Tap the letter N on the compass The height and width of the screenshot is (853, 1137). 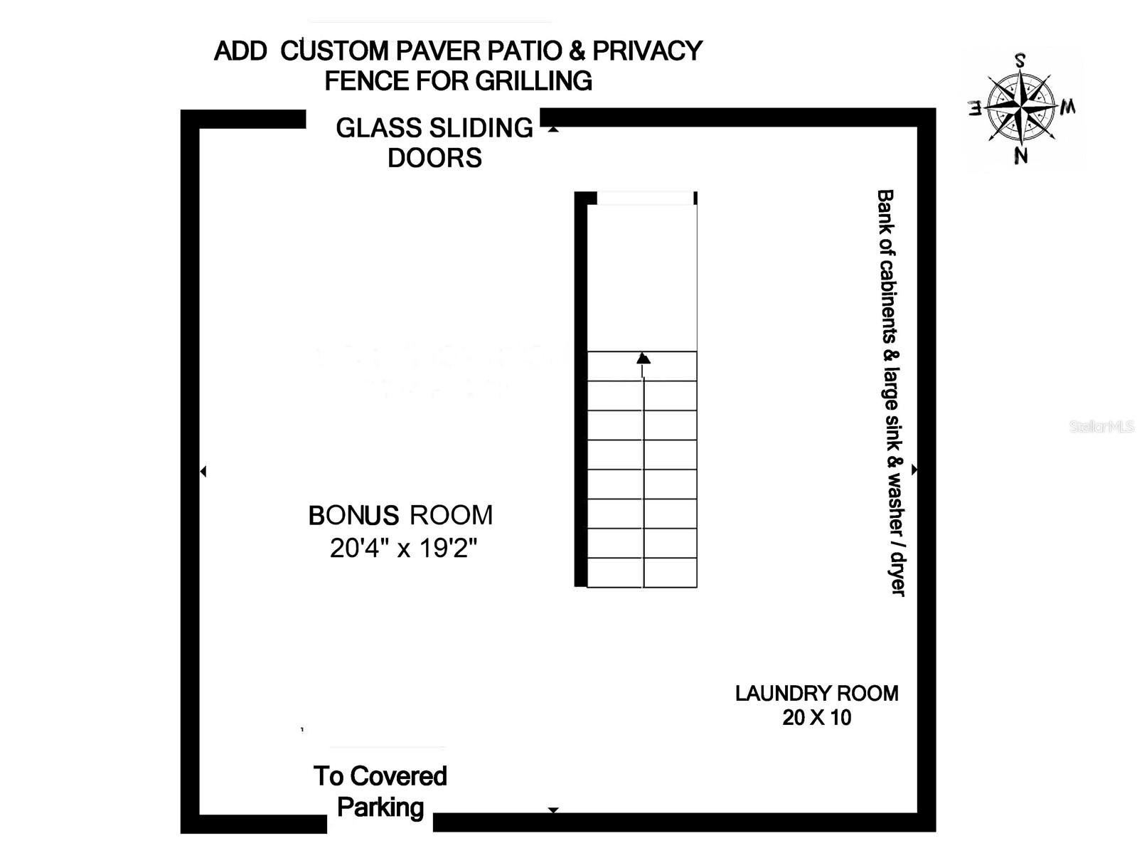click(x=1021, y=155)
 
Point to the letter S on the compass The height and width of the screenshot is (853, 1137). click(x=1020, y=60)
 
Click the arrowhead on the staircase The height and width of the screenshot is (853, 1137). click(x=643, y=358)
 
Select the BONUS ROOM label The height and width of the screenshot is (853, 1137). click(x=400, y=515)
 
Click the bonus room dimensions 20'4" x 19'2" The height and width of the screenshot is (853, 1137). click(x=403, y=549)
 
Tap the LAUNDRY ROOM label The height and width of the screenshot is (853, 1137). click(x=816, y=693)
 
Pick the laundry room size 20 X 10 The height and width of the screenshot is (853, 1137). click(x=816, y=717)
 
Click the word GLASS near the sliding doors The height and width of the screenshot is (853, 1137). click(x=372, y=128)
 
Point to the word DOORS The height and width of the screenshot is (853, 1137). click(x=434, y=158)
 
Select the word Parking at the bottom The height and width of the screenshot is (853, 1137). click(x=380, y=807)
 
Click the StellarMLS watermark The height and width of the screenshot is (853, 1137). click(x=1101, y=427)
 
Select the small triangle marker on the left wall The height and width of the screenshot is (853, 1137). click(x=203, y=471)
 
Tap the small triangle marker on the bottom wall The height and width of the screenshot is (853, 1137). click(x=553, y=810)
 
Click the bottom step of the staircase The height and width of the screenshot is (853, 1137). click(x=642, y=573)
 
